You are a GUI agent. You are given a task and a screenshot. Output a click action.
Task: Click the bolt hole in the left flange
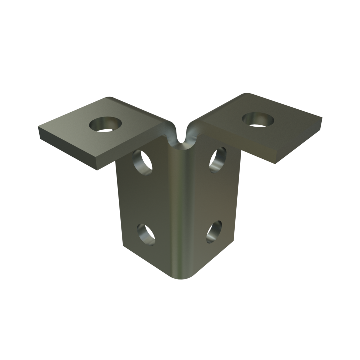click(105, 124)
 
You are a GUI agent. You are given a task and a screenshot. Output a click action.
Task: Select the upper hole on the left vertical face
click(142, 161)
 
